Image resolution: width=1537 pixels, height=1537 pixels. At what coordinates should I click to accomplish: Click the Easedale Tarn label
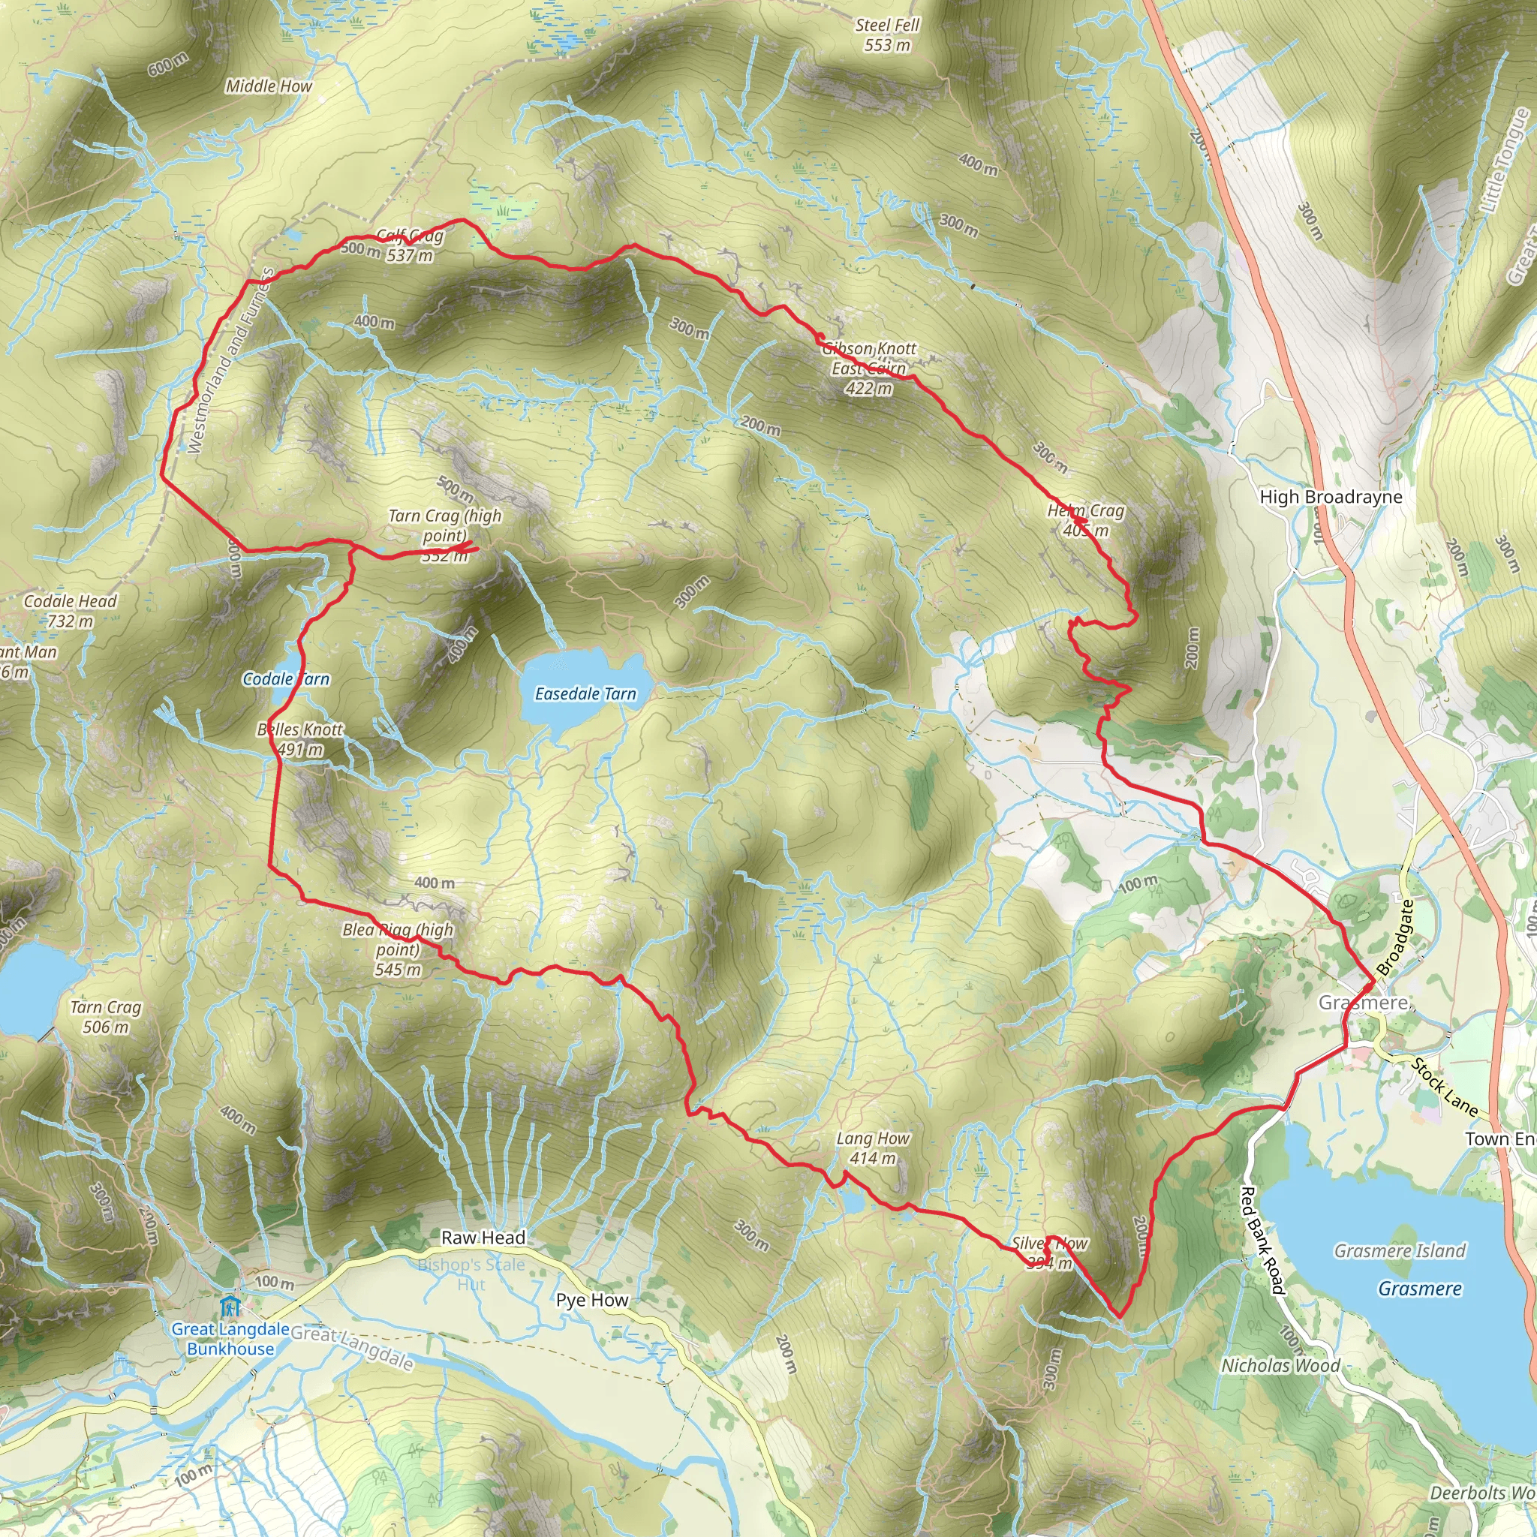pos(585,693)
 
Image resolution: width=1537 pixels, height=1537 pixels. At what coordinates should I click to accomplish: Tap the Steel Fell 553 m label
pos(887,35)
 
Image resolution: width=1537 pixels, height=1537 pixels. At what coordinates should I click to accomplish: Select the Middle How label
pos(268,86)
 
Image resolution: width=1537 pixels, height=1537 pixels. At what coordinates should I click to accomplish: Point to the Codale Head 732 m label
pos(70,611)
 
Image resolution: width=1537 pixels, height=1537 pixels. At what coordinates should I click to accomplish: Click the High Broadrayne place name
pos(1331,498)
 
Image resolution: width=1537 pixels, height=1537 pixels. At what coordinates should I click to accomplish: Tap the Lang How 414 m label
pos(873,1149)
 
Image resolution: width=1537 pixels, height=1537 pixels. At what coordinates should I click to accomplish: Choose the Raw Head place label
pos(483,1237)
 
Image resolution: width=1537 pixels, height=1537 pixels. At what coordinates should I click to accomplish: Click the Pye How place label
pos(592,1300)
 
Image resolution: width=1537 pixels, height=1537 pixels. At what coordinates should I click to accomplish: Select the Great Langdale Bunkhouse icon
pos(230,1307)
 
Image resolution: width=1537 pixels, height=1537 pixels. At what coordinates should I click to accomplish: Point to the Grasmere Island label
pos(1400,1251)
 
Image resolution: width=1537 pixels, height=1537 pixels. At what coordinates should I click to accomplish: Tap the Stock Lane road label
pos(1445,1087)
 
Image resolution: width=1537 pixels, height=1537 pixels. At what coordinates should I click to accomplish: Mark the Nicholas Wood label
pos(1281,1366)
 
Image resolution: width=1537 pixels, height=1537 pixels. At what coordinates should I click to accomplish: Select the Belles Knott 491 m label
pos(300,739)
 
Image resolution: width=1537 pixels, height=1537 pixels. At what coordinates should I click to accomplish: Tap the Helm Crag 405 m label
pos(1086,520)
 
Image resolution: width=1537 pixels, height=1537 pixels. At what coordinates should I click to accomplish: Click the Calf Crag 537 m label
pos(409,246)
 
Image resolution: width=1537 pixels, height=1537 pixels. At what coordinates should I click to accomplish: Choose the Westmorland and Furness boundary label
pos(230,362)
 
